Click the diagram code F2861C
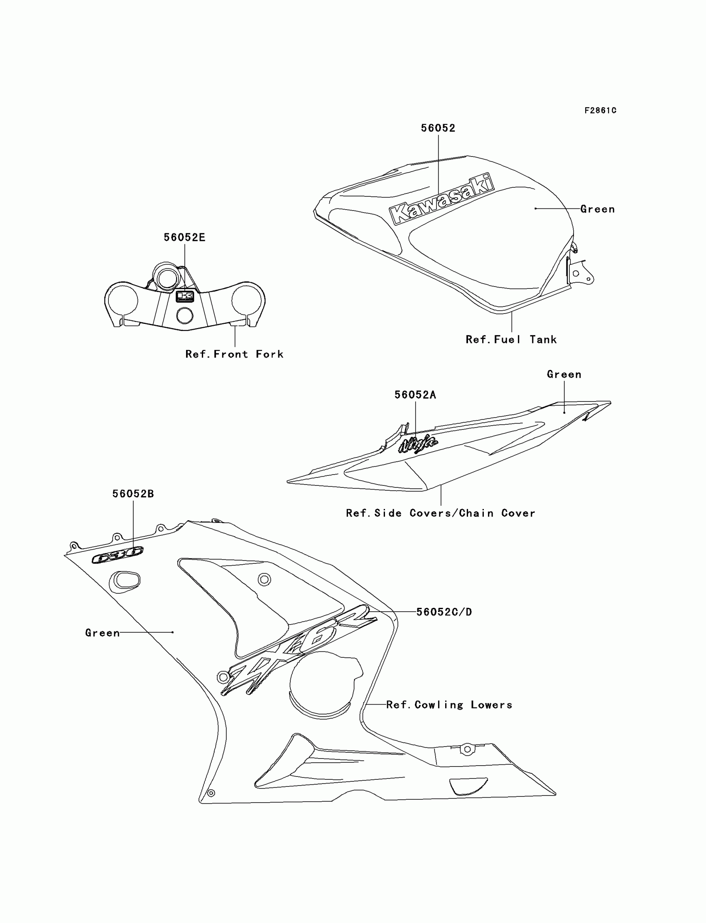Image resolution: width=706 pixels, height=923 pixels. (600, 110)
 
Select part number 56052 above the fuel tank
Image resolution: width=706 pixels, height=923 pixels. (438, 128)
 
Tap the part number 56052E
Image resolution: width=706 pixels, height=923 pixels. (184, 237)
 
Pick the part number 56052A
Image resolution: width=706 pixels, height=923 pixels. (415, 395)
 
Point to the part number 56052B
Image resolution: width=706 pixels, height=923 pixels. (133, 494)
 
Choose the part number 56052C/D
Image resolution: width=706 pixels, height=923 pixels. (444, 612)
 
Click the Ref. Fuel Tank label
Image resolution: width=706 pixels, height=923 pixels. (511, 340)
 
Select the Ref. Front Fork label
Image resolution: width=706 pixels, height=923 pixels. (235, 354)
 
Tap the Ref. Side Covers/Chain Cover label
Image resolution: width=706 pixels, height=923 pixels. (440, 513)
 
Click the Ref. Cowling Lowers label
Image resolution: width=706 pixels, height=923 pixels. (449, 705)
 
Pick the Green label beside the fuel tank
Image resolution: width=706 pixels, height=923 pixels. (597, 209)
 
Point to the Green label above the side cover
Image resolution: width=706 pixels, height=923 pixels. (564, 375)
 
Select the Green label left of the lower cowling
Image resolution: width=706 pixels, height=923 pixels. (103, 633)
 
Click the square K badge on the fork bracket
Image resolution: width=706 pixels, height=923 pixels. (184, 296)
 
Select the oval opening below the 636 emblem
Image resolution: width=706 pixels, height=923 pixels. (125, 581)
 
